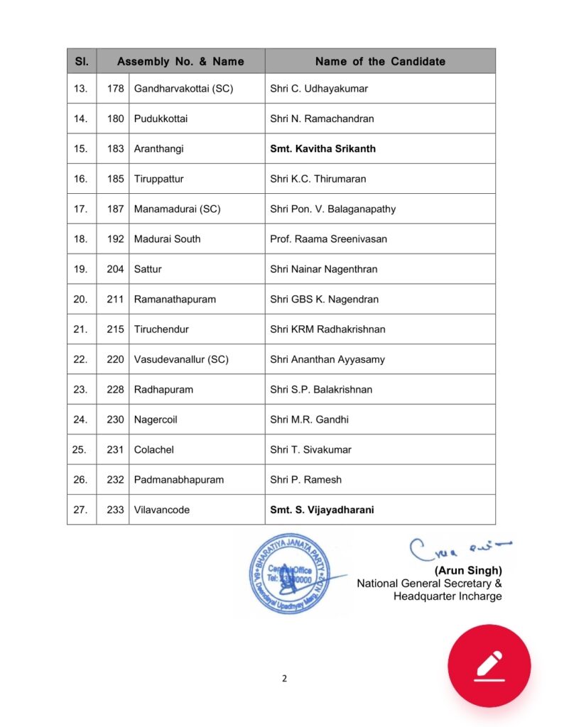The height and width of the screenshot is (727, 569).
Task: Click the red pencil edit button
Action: (x=489, y=665)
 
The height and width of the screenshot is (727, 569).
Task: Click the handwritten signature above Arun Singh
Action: (x=457, y=549)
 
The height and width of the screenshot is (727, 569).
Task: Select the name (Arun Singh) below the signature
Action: (x=468, y=570)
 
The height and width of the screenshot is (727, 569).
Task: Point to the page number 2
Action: (x=284, y=678)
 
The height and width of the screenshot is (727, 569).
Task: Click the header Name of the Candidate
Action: (x=380, y=61)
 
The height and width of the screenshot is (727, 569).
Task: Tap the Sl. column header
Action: (x=82, y=61)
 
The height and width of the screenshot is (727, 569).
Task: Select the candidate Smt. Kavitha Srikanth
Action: (x=323, y=149)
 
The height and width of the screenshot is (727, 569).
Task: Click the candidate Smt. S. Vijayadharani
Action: (x=322, y=510)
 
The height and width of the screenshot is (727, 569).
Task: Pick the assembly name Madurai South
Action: (x=167, y=239)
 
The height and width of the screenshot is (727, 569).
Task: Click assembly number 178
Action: (x=115, y=89)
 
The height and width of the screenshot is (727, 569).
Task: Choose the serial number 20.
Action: (x=80, y=300)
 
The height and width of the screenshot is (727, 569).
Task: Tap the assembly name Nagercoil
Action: (x=156, y=420)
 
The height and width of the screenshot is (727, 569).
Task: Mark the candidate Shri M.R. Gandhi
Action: (x=309, y=420)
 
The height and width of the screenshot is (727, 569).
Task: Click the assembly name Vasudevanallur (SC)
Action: (x=181, y=359)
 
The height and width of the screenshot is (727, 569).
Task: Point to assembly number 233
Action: (x=115, y=510)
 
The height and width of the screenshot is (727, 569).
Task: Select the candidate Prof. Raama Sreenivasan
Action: (x=328, y=239)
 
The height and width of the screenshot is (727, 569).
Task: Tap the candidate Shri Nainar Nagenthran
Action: (x=323, y=269)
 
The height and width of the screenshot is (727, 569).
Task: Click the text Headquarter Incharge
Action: (x=448, y=596)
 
